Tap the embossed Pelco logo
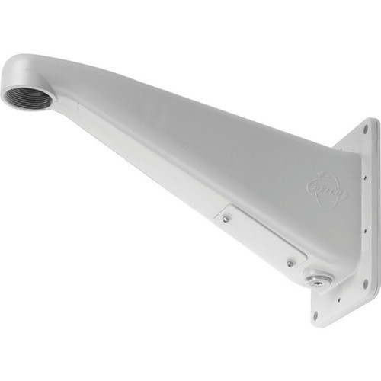point(326,190)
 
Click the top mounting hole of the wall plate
point(364,130)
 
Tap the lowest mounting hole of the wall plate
point(316,312)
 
